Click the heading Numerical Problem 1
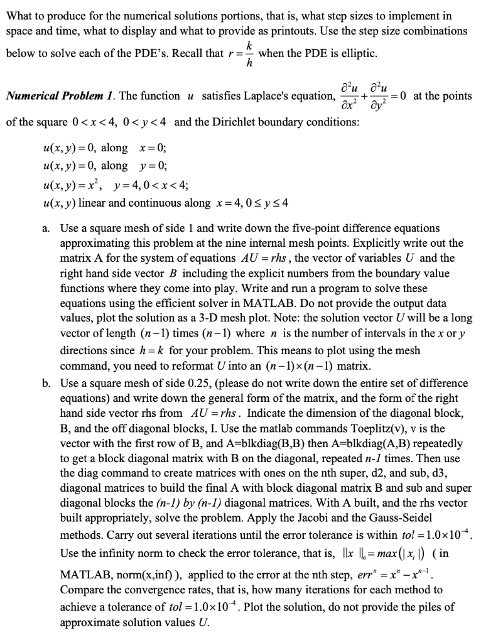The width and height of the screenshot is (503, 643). [56, 95]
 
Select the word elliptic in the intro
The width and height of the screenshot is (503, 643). [357, 53]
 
